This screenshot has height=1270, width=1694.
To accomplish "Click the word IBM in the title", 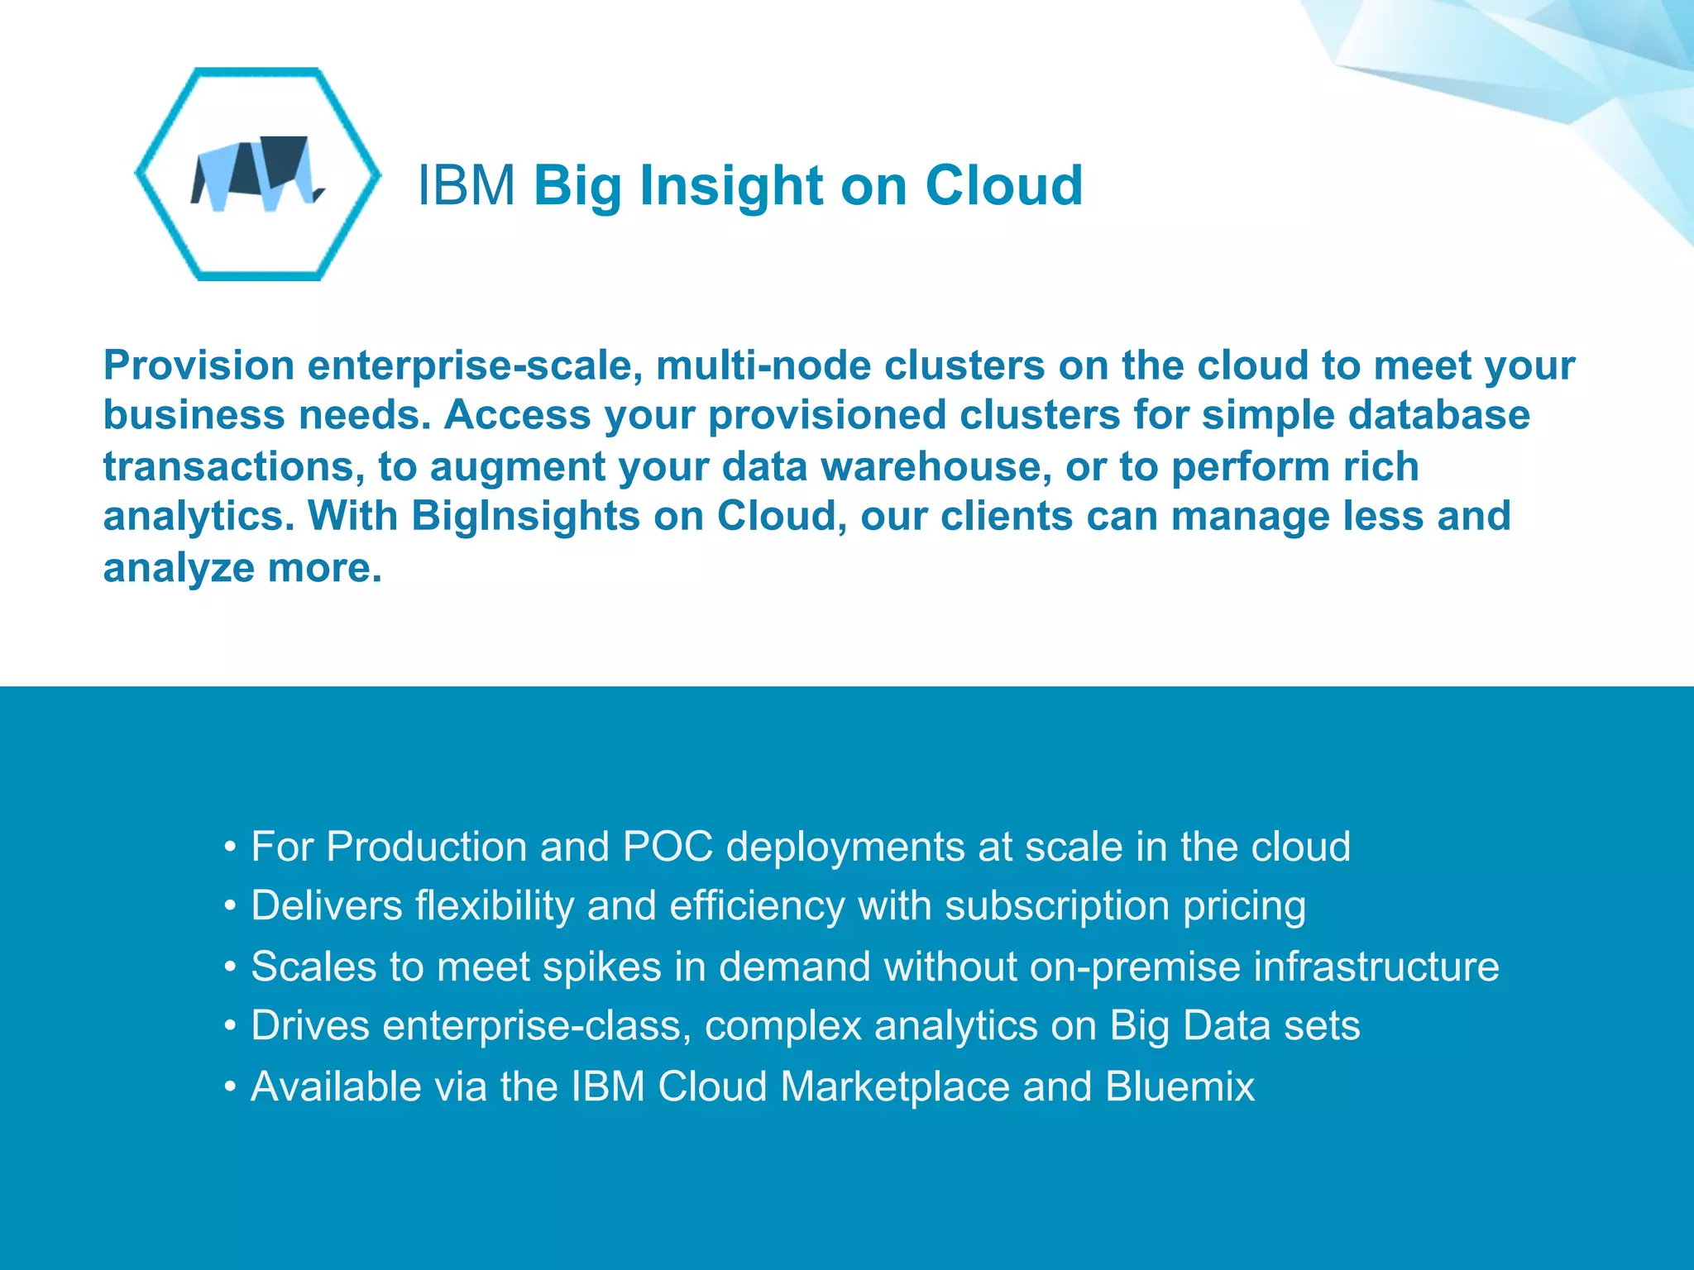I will click(467, 185).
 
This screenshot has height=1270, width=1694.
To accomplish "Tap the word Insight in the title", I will click(731, 185).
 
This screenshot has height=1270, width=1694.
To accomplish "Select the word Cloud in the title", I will click(1003, 185).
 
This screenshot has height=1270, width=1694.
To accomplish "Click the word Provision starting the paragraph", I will click(199, 365).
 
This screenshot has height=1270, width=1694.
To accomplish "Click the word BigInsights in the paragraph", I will click(525, 516).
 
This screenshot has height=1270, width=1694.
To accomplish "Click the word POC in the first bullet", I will click(668, 847).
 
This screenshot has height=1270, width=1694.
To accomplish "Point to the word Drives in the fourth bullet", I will click(310, 1026).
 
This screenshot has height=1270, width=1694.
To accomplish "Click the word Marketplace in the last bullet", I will click(895, 1086).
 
